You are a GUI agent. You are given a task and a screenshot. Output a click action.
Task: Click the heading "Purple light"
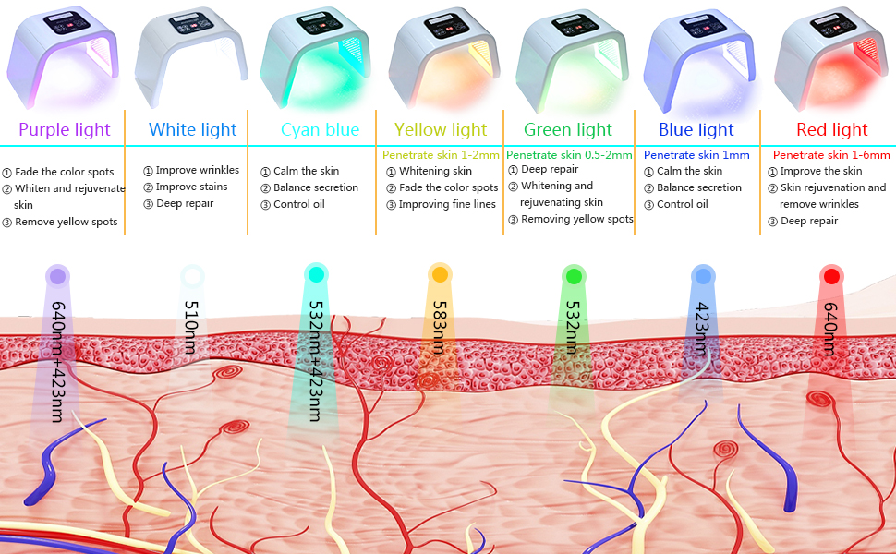(x=64, y=130)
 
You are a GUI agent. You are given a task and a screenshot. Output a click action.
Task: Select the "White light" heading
(x=193, y=130)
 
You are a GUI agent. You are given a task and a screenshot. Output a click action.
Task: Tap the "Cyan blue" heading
(x=320, y=130)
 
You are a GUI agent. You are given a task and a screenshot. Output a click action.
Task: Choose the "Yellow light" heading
(x=441, y=130)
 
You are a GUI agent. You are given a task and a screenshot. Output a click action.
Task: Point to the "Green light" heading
(x=568, y=130)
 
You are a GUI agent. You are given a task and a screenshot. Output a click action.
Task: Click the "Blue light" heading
(x=696, y=130)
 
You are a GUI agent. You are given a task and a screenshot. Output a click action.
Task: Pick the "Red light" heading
(x=832, y=130)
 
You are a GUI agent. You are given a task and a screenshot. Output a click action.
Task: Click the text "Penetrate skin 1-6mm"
(x=831, y=155)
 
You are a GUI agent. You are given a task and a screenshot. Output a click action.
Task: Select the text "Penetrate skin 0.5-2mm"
(x=568, y=155)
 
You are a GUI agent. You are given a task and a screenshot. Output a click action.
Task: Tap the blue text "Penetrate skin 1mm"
(x=696, y=155)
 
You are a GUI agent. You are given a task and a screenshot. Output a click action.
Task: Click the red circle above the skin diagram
(x=832, y=275)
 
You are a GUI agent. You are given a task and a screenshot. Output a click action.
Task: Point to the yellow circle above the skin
(x=440, y=274)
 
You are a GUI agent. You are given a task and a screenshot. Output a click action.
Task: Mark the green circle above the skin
(x=574, y=275)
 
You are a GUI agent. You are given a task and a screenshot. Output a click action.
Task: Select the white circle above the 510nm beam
(x=192, y=274)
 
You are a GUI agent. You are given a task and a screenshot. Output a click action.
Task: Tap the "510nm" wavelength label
(x=191, y=327)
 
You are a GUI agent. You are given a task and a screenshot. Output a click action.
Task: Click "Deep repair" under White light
(x=186, y=203)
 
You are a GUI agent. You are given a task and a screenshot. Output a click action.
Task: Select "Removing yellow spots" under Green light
(x=576, y=219)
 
